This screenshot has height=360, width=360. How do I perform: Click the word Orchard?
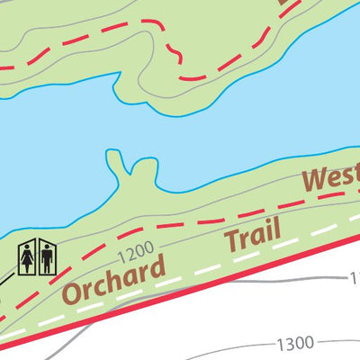(114, 280)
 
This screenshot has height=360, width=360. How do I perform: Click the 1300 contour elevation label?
(295, 343)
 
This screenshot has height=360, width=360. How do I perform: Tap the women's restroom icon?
(27, 258)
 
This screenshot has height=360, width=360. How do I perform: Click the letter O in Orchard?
(74, 293)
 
